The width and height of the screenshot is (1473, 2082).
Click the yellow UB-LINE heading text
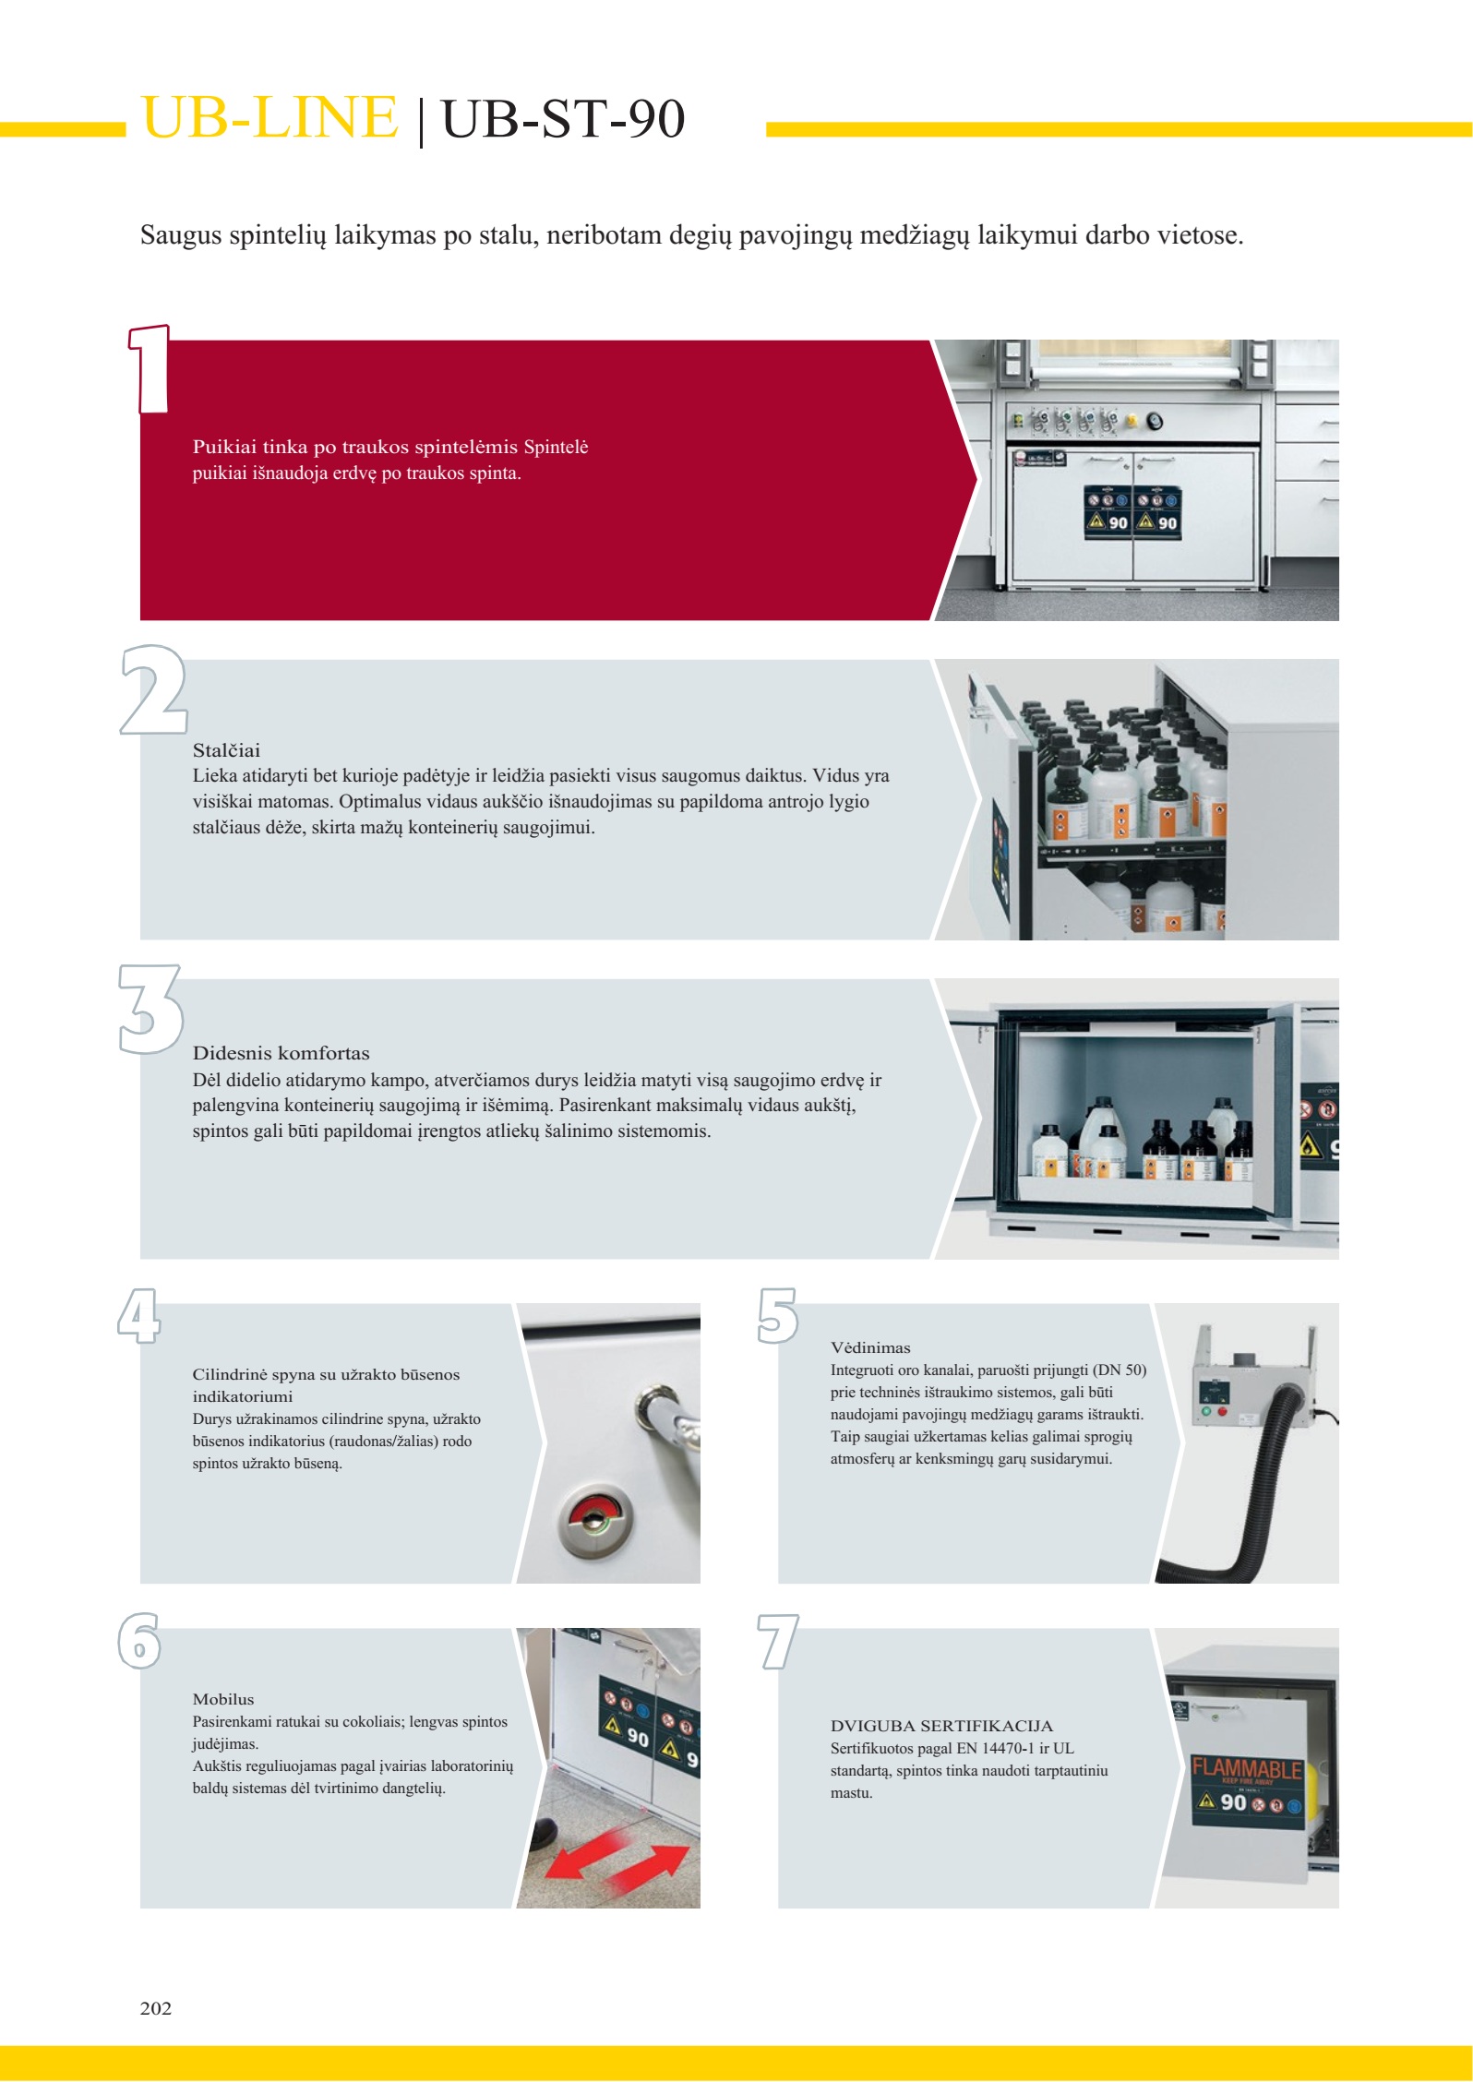(x=269, y=118)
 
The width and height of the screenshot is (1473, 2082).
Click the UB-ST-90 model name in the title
(x=563, y=119)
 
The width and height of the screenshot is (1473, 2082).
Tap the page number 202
(x=156, y=2008)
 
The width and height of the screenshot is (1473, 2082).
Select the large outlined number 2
(x=153, y=689)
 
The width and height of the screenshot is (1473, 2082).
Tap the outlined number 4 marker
(x=138, y=1315)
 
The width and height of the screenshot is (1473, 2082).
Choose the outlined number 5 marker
(x=777, y=1315)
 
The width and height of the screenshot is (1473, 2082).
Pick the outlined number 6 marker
(x=139, y=1641)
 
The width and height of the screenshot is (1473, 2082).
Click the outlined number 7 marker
(x=777, y=1641)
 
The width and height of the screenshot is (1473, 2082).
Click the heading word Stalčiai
(x=226, y=750)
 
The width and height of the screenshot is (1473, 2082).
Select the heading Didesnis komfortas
(x=281, y=1053)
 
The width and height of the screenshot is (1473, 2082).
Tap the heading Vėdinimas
(x=870, y=1347)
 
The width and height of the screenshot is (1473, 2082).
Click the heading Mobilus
(x=223, y=1699)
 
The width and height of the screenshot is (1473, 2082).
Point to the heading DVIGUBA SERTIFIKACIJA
(x=941, y=1726)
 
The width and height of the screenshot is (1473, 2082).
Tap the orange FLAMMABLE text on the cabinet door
(x=1246, y=1769)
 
